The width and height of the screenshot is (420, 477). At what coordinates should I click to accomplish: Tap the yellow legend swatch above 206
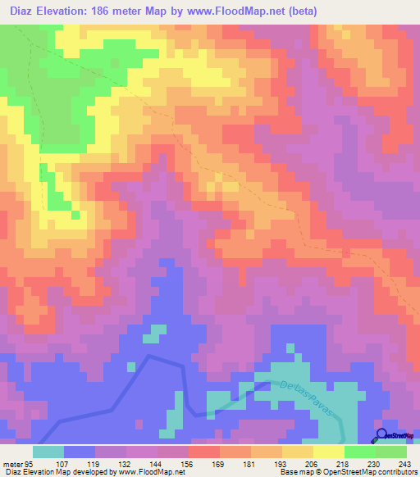click(x=298, y=451)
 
